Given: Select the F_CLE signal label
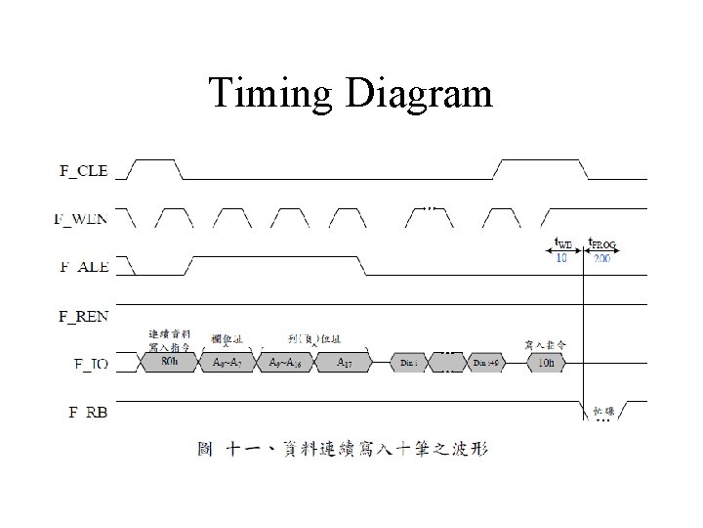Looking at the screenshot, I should (83, 171).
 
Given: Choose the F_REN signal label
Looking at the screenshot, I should (83, 315).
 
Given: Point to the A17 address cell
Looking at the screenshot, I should (345, 362).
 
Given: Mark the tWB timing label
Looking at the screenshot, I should (564, 244).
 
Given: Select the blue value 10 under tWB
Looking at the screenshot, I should (561, 258).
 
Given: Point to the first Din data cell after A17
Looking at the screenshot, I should (409, 362).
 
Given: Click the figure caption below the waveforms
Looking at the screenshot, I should (342, 450).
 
